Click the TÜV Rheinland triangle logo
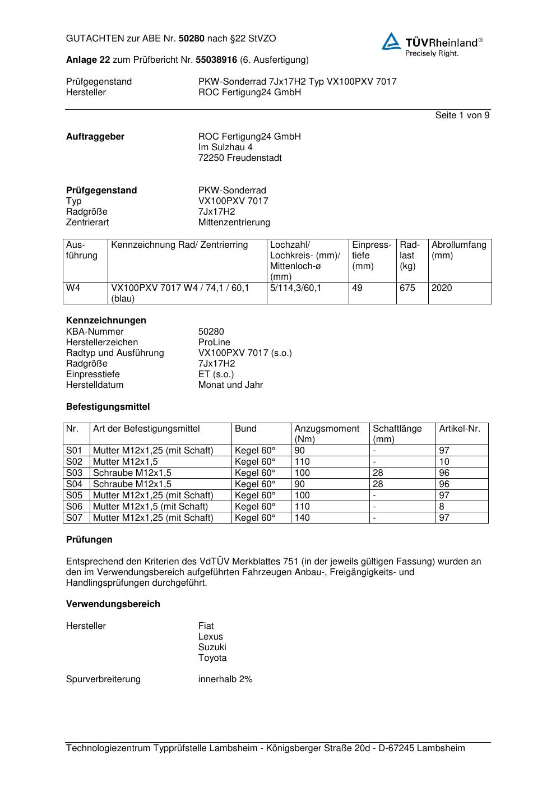(391, 41)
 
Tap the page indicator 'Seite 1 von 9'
(462, 115)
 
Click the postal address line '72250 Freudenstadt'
(240, 158)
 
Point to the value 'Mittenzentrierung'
(234, 223)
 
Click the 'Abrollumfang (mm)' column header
(458, 250)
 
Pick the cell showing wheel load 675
(407, 288)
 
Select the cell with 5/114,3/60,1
(295, 288)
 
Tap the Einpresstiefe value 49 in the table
(357, 288)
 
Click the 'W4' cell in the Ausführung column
(73, 288)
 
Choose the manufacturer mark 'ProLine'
(214, 342)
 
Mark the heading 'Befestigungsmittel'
(108, 407)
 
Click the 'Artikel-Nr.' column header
(460, 429)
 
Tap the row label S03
(74, 473)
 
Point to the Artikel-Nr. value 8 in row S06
(442, 507)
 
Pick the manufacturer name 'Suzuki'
(212, 647)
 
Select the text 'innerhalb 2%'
(225, 679)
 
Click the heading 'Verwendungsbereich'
(113, 604)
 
